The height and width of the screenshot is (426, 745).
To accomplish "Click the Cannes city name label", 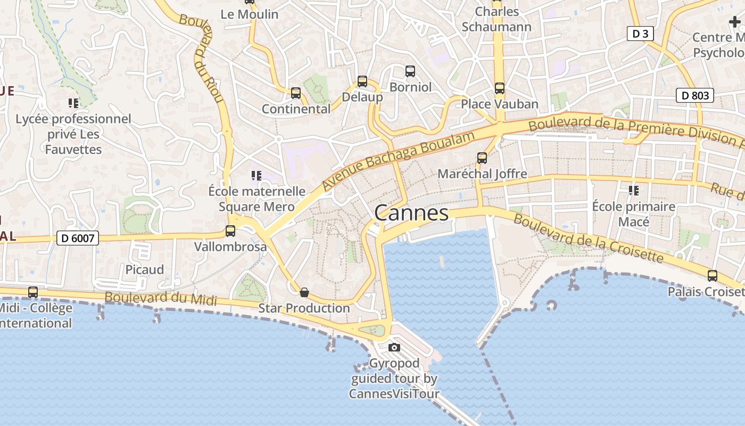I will [411, 213].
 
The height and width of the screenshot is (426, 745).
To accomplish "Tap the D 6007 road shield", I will [78, 238].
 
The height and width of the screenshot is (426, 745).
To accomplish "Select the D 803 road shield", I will [694, 95].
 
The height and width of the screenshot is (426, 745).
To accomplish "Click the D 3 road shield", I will [640, 34].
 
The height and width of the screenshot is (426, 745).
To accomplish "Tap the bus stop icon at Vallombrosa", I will [230, 231].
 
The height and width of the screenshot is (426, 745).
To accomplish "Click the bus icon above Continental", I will [296, 93].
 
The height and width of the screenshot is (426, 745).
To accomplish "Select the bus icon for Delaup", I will [362, 81].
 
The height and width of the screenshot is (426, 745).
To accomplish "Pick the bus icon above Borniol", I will [410, 71].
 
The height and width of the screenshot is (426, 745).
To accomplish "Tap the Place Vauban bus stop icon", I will [499, 88].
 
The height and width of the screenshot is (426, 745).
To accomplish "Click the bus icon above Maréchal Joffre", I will [482, 158].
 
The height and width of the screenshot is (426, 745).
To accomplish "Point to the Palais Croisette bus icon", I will [712, 276].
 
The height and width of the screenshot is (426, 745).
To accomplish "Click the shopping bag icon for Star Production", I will [304, 292].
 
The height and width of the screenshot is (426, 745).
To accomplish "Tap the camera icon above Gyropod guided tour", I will [394, 348].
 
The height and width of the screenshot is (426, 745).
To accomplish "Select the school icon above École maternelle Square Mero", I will [256, 175].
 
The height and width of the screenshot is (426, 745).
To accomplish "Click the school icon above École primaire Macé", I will [633, 190].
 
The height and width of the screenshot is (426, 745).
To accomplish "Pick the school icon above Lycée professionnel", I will [73, 103].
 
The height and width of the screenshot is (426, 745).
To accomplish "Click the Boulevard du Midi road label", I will [161, 299].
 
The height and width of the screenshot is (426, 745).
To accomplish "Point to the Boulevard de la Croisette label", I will [588, 239].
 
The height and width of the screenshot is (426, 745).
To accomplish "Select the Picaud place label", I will [145, 269].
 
